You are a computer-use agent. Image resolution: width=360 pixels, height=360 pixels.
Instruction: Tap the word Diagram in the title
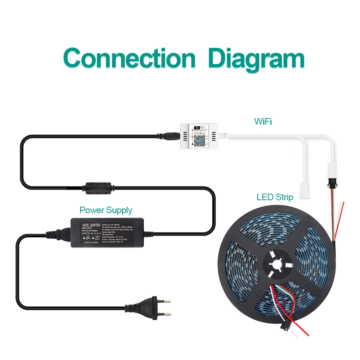[x=256, y=58]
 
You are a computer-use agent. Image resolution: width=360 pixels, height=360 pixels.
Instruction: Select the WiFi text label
[x=263, y=121]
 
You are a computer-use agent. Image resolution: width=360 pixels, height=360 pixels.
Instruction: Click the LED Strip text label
[x=275, y=197]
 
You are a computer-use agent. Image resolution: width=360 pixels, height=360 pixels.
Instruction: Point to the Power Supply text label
[x=106, y=210]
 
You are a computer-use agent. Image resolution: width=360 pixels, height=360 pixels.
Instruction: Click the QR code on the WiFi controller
[x=199, y=139]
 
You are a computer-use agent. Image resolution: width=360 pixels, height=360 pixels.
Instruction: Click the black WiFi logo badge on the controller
[x=199, y=127]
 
